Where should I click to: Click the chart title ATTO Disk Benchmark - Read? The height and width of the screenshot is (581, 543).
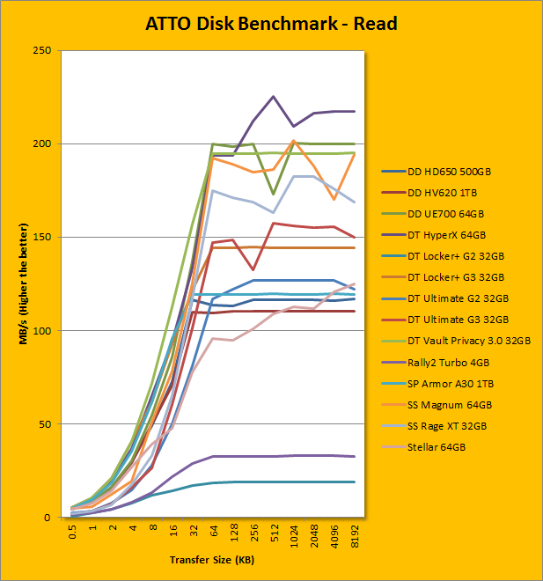(271, 24)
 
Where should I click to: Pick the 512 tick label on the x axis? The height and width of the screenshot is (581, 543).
(274, 536)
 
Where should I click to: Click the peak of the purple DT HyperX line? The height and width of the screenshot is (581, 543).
(274, 97)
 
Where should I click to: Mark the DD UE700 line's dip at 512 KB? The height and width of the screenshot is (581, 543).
(274, 194)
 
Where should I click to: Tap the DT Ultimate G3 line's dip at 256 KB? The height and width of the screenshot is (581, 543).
(253, 269)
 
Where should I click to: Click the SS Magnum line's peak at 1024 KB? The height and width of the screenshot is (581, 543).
(294, 141)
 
